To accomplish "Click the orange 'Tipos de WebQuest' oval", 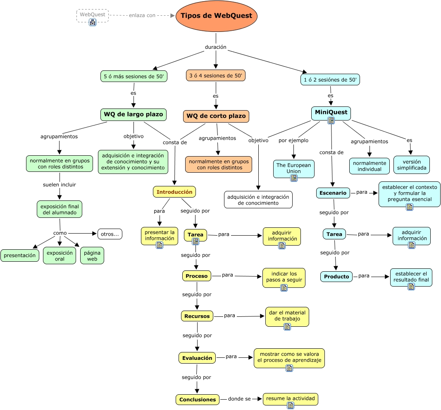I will [x=217, y=16].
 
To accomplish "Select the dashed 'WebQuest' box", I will [x=93, y=15].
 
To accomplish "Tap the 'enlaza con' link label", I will [x=142, y=15].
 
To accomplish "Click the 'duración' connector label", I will [x=216, y=47].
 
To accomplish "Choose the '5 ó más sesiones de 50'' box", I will [x=134, y=76].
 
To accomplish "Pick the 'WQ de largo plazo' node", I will [x=133, y=114].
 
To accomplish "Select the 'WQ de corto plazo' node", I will [x=216, y=116].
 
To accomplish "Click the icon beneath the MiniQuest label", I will [x=331, y=120].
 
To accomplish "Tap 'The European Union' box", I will [x=294, y=168].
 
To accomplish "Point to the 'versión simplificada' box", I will [x=411, y=165].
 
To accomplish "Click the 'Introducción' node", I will [x=174, y=192].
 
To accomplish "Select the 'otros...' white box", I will [x=110, y=234].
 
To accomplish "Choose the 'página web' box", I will [x=92, y=256].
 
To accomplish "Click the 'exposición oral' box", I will [x=60, y=256].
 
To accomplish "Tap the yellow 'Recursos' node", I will [x=197, y=316].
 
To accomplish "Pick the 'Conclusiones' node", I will [x=198, y=400].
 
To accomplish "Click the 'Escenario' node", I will [x=333, y=193].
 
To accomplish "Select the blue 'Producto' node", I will [x=336, y=277].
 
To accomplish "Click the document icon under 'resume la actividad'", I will [x=291, y=405].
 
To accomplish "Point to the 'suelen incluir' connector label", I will [x=60, y=185].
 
